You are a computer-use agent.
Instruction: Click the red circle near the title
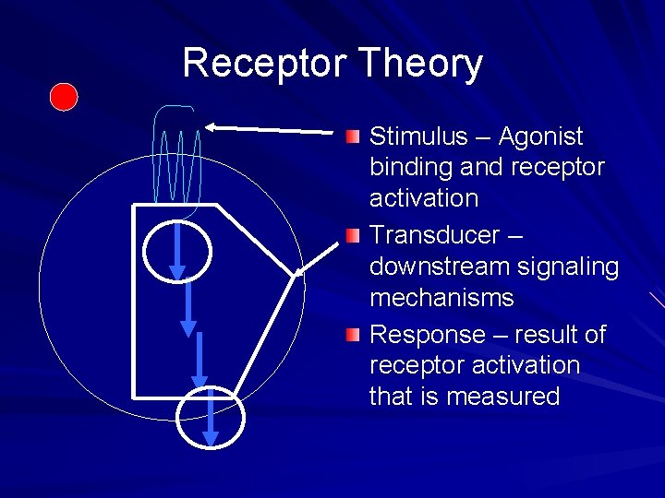click(x=64, y=97)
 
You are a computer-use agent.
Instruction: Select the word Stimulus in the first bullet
click(x=418, y=136)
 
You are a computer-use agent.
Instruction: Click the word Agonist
click(x=540, y=136)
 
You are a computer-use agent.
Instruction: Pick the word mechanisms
click(x=441, y=298)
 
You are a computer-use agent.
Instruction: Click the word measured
click(x=504, y=397)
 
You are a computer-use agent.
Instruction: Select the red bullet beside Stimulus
click(x=353, y=137)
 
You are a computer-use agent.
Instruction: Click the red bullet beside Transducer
click(x=353, y=236)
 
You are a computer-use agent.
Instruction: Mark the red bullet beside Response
click(x=353, y=335)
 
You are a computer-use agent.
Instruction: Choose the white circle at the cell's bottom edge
click(x=212, y=419)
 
